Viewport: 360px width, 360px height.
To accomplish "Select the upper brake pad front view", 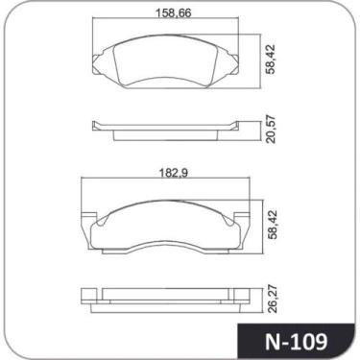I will click(168, 60).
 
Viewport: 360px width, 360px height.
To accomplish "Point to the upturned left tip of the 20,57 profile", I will click(93, 123).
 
